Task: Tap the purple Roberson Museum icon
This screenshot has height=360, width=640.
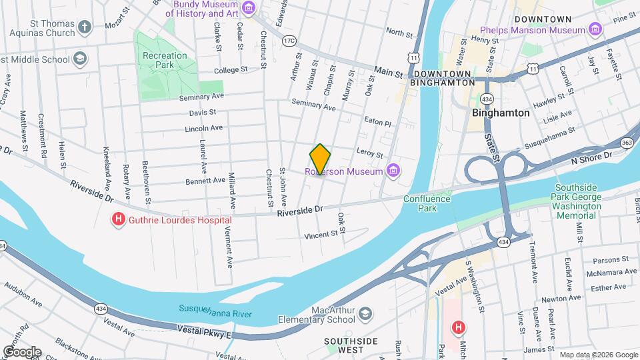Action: (393, 171)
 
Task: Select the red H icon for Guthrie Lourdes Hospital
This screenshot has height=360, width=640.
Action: (119, 219)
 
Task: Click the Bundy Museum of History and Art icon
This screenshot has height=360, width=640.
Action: (249, 8)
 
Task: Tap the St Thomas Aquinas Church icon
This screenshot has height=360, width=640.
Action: (84, 27)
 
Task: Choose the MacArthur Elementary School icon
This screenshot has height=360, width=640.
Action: (365, 313)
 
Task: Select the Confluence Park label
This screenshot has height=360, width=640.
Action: (419, 203)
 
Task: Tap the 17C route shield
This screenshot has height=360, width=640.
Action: (289, 41)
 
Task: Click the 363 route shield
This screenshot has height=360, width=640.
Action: (626, 143)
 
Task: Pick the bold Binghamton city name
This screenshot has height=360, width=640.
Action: (500, 113)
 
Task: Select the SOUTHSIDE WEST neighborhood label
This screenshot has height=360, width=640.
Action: (351, 345)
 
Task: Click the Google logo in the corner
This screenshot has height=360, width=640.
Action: (21, 351)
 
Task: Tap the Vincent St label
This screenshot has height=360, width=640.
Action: (321, 235)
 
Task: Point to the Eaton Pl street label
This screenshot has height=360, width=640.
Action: (377, 124)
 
